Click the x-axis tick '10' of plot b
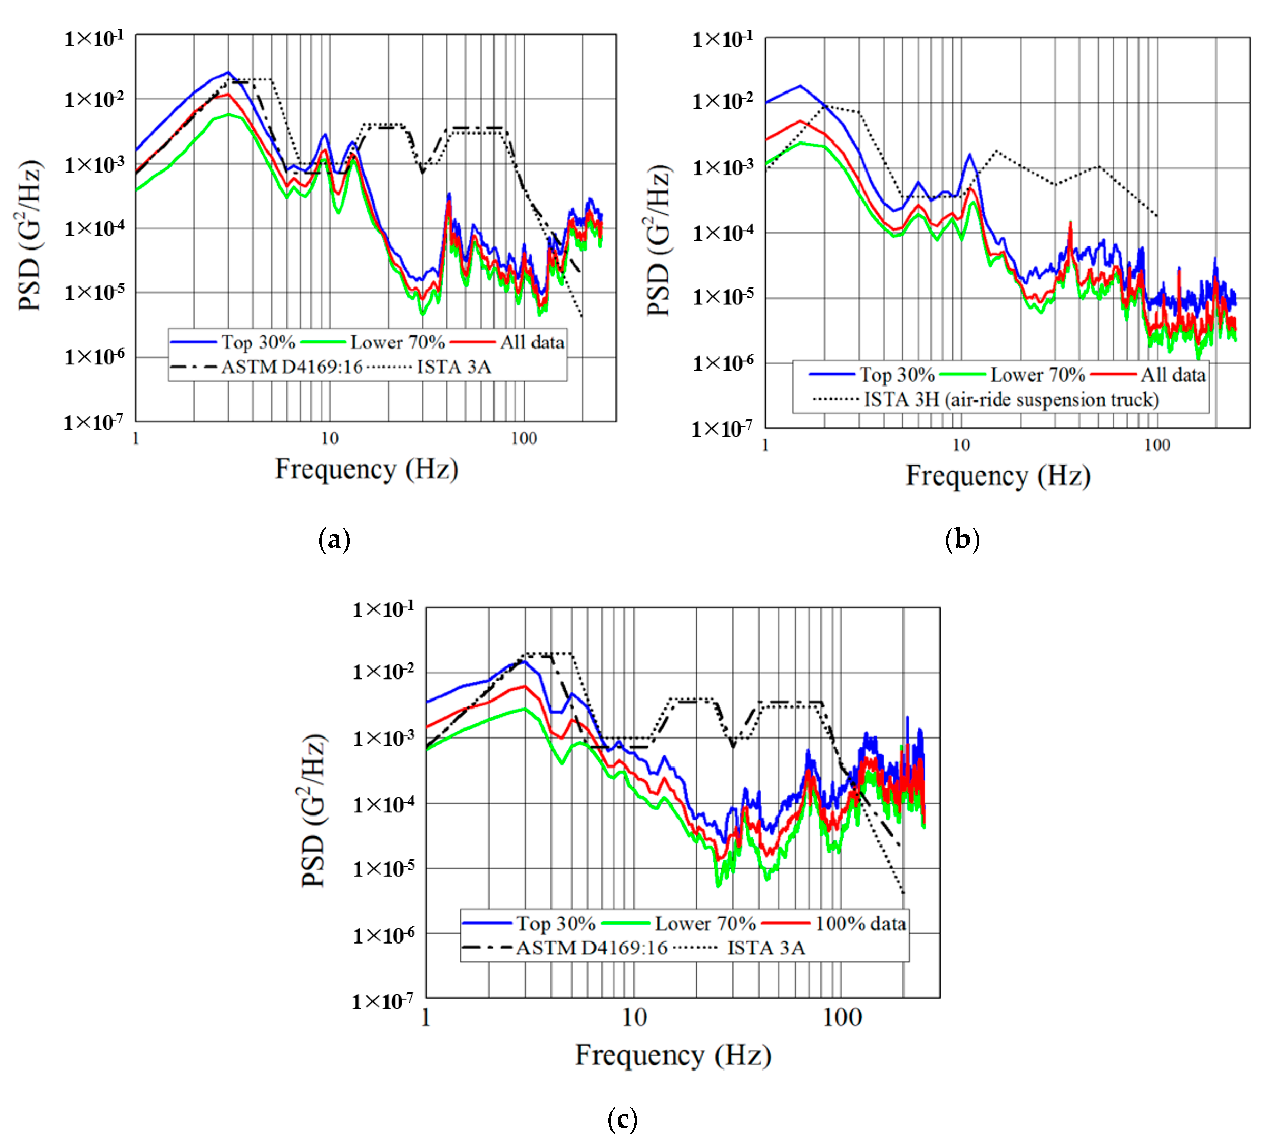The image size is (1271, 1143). [961, 445]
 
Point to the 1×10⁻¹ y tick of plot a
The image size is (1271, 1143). [94, 39]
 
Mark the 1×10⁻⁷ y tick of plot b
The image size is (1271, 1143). [722, 429]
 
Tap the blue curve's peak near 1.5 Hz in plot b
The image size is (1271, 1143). [800, 85]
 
